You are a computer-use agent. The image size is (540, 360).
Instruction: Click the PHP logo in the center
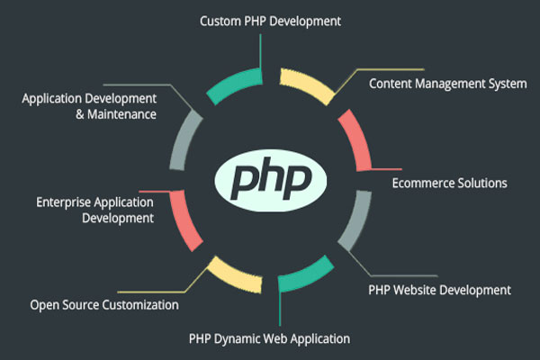(270, 180)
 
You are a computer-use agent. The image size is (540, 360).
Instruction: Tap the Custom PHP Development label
(270, 22)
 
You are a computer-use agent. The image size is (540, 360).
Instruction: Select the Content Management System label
(447, 84)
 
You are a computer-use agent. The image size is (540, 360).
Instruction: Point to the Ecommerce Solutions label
(449, 183)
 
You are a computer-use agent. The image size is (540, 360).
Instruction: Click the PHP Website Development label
(439, 290)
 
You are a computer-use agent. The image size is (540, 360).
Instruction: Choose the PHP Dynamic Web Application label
(269, 339)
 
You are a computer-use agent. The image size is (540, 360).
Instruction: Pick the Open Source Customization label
(104, 305)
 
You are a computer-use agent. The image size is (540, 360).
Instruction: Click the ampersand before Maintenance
(80, 114)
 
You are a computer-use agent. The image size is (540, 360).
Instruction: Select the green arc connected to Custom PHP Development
(233, 85)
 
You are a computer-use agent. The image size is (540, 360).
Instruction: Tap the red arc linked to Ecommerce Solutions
(355, 139)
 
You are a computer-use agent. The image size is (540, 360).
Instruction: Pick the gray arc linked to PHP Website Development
(356, 220)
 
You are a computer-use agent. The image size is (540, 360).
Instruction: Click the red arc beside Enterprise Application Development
(184, 220)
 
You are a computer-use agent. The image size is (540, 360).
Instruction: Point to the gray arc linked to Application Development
(184, 139)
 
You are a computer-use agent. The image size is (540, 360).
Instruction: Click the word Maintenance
(121, 114)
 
